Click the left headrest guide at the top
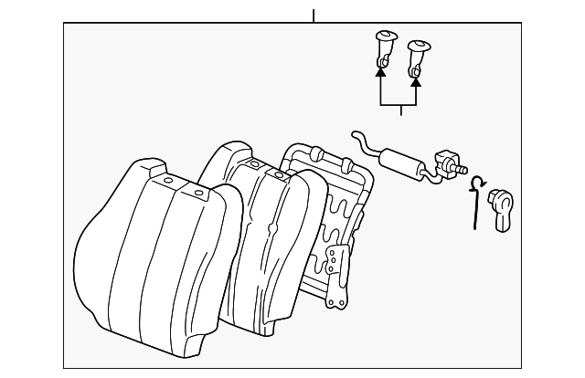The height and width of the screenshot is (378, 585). coord(385,44)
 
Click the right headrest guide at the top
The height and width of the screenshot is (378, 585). coord(420,49)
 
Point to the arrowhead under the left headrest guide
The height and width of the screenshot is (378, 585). coord(381,65)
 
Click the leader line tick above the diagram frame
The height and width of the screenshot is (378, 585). coord(314,16)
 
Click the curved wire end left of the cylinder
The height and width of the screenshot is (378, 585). coord(357,141)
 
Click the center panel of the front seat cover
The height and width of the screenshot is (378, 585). coord(165,265)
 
